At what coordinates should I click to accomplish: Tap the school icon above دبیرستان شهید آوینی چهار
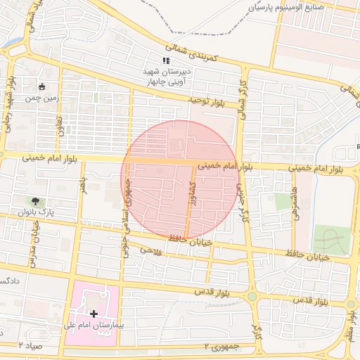(166, 61)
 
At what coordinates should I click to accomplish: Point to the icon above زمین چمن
(42, 87)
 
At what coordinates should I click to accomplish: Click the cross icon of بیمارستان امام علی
(94, 312)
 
